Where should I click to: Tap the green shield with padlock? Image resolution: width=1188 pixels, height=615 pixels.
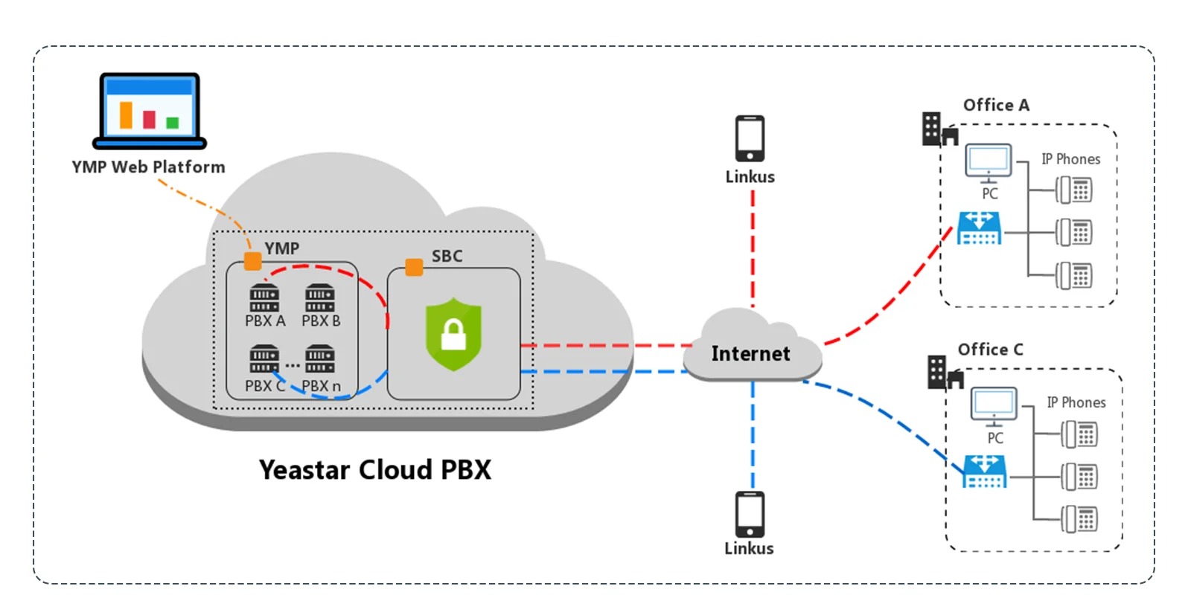pos(453,334)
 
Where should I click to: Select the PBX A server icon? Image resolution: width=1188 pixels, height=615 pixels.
pos(264,297)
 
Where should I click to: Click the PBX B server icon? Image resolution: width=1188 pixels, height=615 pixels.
pos(320,297)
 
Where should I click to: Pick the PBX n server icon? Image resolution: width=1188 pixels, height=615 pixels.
pos(320,358)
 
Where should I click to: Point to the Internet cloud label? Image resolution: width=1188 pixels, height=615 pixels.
pos(750,354)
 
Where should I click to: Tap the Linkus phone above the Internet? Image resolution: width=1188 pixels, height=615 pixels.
pos(750,138)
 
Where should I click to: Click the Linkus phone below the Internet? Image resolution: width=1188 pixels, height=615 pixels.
pos(750,514)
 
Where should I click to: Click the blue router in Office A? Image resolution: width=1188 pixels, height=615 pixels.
pos(979,228)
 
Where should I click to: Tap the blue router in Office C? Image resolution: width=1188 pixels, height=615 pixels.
pos(984,471)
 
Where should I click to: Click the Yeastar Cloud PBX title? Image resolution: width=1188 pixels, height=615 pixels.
pos(375,470)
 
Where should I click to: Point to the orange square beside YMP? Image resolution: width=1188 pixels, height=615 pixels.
pos(253,261)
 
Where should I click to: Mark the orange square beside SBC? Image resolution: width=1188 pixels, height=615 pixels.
pos(414,267)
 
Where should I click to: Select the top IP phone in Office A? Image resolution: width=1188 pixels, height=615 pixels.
pos(1074,190)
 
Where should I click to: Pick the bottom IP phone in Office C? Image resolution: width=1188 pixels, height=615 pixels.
pos(1079,519)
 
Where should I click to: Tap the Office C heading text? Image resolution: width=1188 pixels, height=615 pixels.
pos(990,350)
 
